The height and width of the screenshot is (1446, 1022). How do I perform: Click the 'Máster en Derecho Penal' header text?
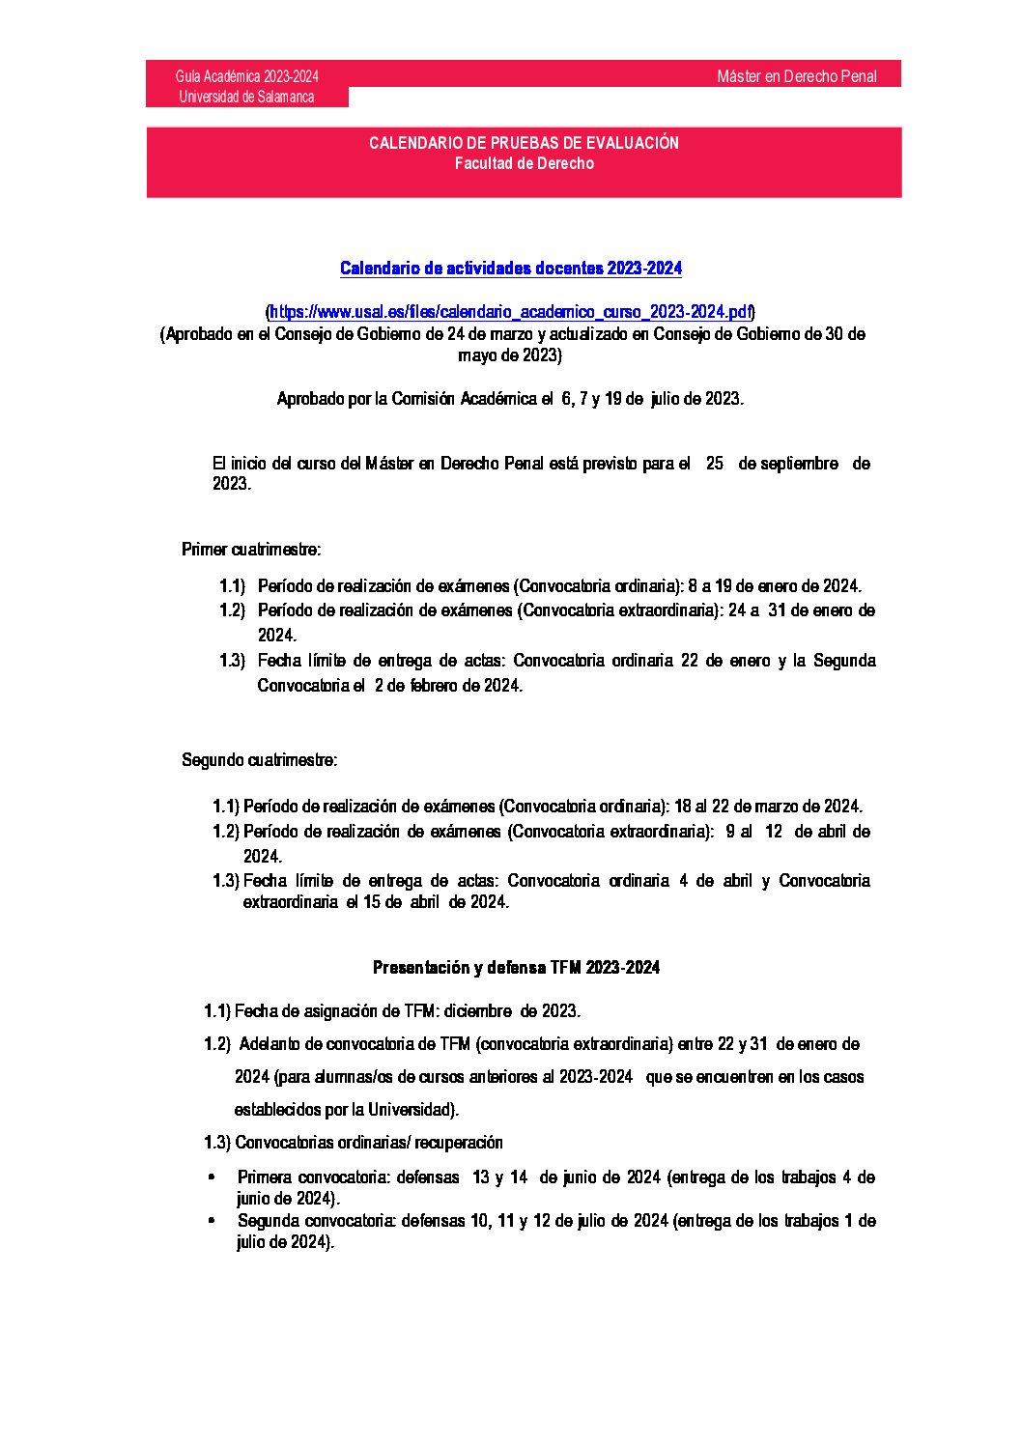796,76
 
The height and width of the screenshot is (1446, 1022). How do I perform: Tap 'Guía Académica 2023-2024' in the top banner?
247,76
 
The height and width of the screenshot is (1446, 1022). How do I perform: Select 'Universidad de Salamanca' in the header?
246,97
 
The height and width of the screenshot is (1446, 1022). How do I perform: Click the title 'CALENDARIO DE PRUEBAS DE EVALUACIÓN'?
524,143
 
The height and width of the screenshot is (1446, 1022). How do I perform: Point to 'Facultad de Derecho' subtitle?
524,163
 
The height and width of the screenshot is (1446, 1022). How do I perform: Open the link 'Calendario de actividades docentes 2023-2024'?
510,269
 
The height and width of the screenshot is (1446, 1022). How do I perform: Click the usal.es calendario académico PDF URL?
510,312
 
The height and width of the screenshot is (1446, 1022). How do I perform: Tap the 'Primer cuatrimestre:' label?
251,550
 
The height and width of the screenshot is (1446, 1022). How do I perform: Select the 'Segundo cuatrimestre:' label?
260,760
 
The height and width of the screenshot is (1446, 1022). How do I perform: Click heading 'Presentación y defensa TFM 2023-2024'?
516,968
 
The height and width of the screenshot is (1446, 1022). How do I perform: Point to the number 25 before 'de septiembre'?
715,464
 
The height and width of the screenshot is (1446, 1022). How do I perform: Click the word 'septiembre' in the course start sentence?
801,464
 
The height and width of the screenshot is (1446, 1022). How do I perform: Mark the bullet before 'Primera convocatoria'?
212,1178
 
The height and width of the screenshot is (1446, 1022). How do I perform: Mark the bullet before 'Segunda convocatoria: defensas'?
212,1221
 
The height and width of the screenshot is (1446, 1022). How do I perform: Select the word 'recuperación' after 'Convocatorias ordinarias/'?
459,1143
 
